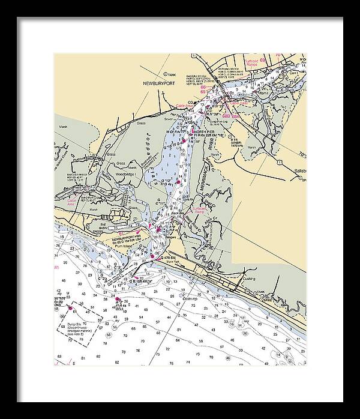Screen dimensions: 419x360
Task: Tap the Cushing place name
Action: [249, 279]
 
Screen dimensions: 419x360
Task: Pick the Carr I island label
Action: [293, 72]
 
